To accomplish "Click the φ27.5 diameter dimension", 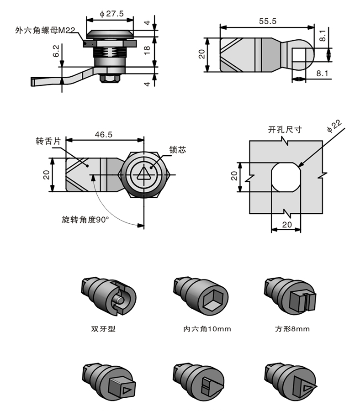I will pos(111,14).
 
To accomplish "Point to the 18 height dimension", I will pos(147,50).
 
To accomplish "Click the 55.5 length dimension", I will pos(267,21).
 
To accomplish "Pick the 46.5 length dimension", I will pos(104,134).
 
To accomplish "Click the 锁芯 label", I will pos(177,149).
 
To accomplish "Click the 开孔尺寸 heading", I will pos(285,129).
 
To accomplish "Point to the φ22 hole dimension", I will pos(334,126).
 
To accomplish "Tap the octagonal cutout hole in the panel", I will pos(286,176).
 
